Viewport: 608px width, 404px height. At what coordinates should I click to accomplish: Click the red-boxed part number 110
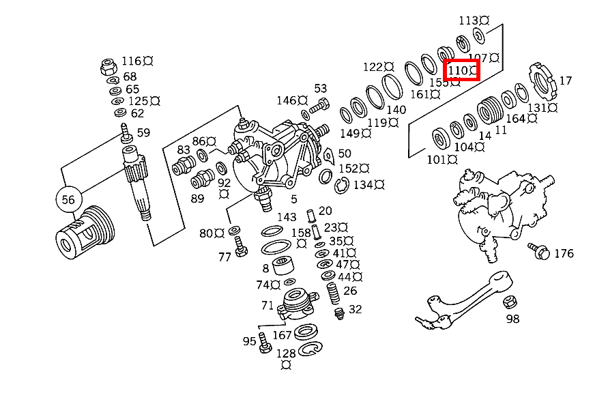coord(462,70)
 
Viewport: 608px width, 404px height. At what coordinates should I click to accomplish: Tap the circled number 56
coord(68,199)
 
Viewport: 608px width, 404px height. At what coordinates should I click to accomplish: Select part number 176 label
coord(563,254)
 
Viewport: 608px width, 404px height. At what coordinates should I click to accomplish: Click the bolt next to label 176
coord(538,250)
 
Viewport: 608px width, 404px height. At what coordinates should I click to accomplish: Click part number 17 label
coord(565,81)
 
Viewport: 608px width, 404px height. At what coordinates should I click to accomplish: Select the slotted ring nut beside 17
coord(540,81)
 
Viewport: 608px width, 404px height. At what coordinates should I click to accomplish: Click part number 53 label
coord(321,89)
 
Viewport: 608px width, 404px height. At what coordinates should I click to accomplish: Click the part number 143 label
coord(287,218)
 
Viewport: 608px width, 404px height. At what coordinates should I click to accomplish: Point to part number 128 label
coord(286,353)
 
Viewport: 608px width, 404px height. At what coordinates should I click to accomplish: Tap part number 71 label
coord(267,306)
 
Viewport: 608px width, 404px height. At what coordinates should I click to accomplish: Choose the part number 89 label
coord(197,199)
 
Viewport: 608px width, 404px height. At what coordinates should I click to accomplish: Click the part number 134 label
coord(363,185)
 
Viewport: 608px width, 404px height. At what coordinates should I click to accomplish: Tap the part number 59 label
coord(143,132)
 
